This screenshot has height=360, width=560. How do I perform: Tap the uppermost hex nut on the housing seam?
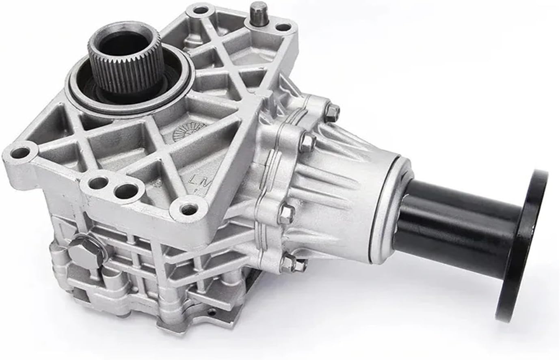click(x=333, y=110)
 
